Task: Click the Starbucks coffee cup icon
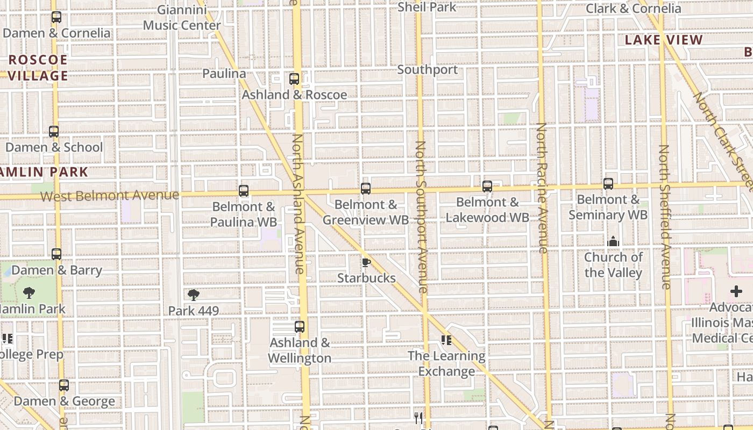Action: [366, 262]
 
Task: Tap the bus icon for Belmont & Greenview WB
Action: [366, 189]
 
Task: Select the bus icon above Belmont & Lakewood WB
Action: [487, 187]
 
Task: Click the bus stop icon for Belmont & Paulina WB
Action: [244, 191]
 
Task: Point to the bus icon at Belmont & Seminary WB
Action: [608, 184]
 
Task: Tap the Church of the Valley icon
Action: [613, 242]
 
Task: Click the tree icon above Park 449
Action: [194, 295]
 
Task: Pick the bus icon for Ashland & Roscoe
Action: [294, 79]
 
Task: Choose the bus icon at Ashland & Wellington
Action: [300, 327]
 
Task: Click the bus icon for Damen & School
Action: [54, 132]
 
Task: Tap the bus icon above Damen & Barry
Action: [56, 254]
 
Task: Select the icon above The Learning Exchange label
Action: [446, 340]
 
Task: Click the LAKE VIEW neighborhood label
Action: [664, 40]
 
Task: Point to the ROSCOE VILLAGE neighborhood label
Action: [38, 68]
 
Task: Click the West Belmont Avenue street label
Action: [110, 196]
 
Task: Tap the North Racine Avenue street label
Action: [542, 188]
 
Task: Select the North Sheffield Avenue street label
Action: [665, 217]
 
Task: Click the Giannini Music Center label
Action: [182, 17]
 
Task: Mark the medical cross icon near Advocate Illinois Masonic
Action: [736, 292]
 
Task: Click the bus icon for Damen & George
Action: [64, 385]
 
